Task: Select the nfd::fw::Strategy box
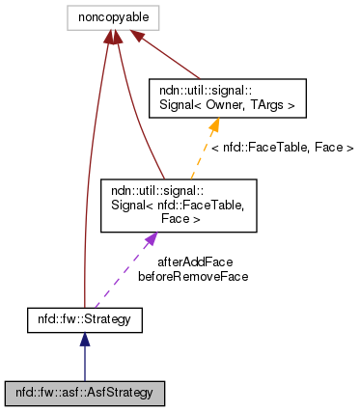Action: pyautogui.click(x=85, y=316)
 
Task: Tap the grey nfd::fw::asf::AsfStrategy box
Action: pyautogui.click(x=85, y=393)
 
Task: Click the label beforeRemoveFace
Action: pyautogui.click(x=193, y=276)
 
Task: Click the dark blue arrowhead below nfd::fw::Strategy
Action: pyautogui.click(x=85, y=340)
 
